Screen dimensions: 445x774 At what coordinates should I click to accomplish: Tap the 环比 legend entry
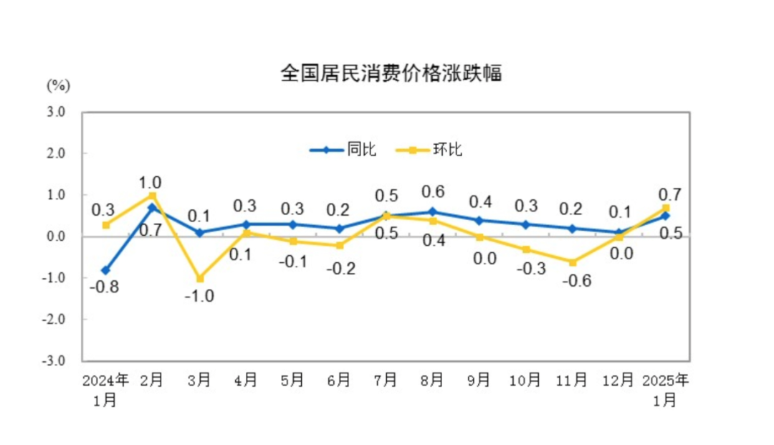point(447,150)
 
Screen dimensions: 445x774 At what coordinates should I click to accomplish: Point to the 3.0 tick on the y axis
point(57,112)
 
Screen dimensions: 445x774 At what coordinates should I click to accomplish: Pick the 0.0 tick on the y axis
point(57,236)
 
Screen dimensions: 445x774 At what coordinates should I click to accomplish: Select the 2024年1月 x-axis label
point(105,388)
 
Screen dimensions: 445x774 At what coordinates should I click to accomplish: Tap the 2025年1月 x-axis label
point(666,388)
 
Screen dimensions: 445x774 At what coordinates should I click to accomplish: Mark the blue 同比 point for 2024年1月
point(106,270)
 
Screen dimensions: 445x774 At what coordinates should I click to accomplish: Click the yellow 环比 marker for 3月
point(199,278)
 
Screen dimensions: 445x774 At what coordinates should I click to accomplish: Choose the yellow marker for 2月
point(153,196)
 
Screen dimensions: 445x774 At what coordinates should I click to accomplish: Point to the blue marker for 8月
point(432,211)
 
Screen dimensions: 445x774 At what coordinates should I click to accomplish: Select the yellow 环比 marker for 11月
point(573,262)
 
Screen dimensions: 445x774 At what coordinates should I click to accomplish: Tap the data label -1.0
point(199,296)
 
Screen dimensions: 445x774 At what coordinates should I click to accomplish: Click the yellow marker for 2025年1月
point(666,208)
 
